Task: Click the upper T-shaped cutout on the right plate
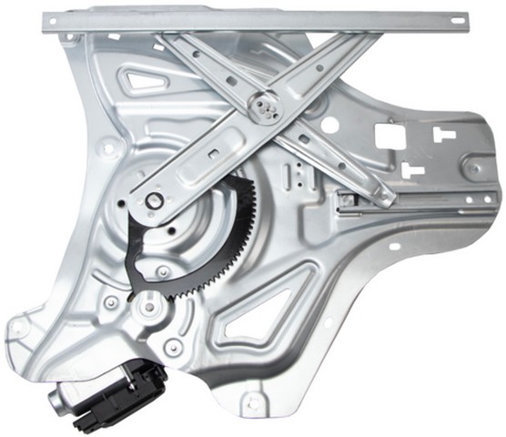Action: [443, 135]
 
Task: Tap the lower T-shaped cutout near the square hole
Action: [411, 169]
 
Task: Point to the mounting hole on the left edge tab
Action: [109, 145]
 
